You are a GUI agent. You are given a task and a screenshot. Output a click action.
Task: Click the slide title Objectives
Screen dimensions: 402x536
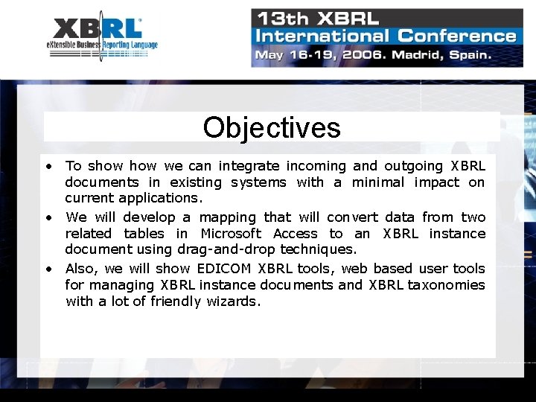271,127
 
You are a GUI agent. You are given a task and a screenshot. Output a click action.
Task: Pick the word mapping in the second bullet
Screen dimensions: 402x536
227,217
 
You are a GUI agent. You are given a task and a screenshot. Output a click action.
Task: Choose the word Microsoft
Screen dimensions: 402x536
231,234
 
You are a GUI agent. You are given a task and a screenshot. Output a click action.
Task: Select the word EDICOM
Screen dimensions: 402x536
225,269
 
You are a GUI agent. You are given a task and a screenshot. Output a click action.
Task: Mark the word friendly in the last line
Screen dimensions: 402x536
176,301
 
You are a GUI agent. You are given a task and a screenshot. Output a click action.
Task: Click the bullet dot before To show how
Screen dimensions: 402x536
48,166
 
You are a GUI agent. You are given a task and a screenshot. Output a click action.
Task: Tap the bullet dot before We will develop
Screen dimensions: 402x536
48,217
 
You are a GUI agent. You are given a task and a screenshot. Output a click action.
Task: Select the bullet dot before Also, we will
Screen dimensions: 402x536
48,269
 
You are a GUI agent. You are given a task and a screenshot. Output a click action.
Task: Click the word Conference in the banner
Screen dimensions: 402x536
456,36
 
